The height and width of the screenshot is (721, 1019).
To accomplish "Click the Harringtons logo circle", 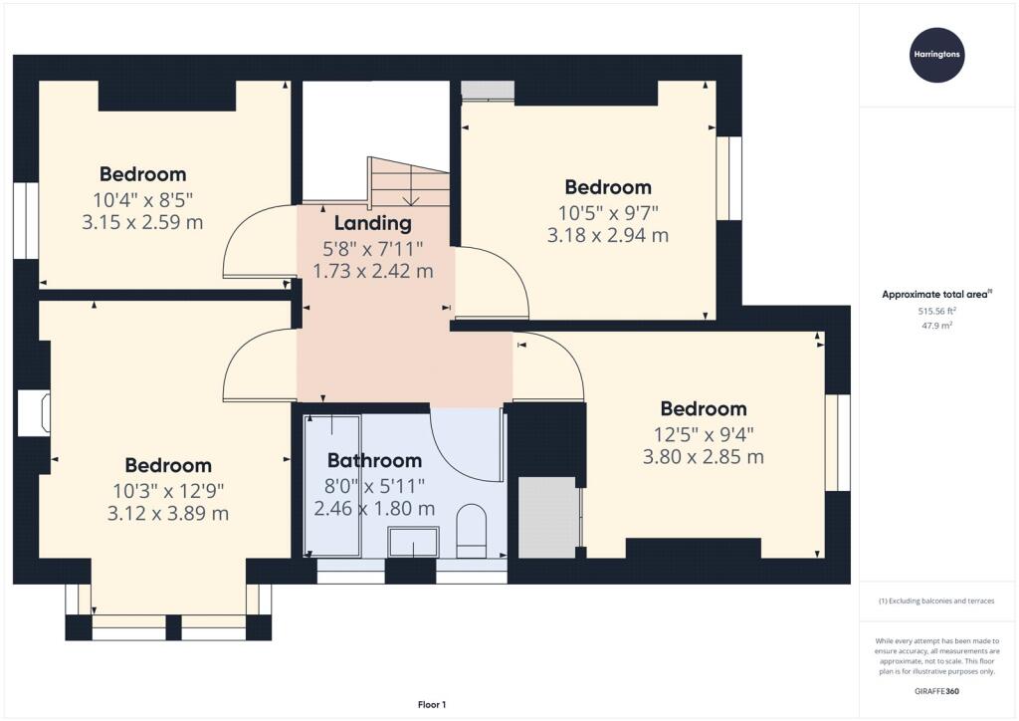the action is [936, 55].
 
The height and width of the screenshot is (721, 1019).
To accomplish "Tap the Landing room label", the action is [372, 223].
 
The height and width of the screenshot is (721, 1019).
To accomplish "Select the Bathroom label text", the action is [374, 460].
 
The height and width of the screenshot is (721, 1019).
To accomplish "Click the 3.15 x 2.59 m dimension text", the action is [142, 222].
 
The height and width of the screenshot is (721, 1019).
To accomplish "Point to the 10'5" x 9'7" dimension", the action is [608, 212].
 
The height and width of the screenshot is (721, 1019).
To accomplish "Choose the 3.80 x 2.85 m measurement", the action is [704, 456].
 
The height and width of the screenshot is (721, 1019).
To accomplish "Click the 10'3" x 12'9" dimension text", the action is [168, 490].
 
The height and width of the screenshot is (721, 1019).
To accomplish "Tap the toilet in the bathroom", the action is [471, 531].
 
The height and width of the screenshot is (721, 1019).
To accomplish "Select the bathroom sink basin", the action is [413, 542].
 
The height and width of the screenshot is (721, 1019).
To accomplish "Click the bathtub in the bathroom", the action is [332, 486].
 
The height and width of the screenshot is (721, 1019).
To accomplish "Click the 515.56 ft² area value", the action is [936, 311].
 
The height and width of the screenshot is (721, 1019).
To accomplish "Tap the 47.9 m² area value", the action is [936, 326].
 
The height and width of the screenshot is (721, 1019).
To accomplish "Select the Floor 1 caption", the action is [432, 705].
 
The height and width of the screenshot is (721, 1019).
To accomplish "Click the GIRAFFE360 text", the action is [936, 691].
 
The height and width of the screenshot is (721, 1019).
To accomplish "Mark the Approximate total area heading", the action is [936, 295].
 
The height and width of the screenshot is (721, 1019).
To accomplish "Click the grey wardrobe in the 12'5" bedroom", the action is [547, 517].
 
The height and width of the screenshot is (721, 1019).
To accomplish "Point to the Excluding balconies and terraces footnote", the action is [936, 601].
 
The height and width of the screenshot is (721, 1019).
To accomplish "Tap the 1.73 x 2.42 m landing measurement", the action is [373, 271].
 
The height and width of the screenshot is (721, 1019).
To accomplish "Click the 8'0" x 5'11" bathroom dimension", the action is [374, 485].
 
